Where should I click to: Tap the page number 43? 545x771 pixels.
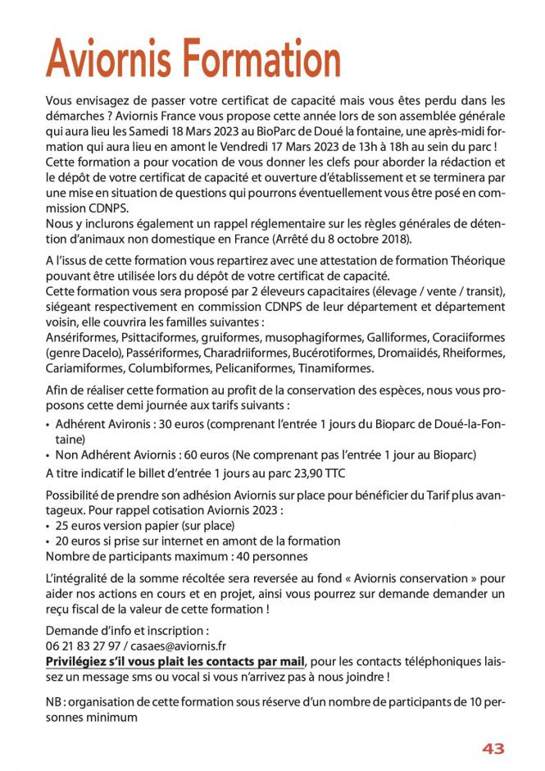pos(493,748)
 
